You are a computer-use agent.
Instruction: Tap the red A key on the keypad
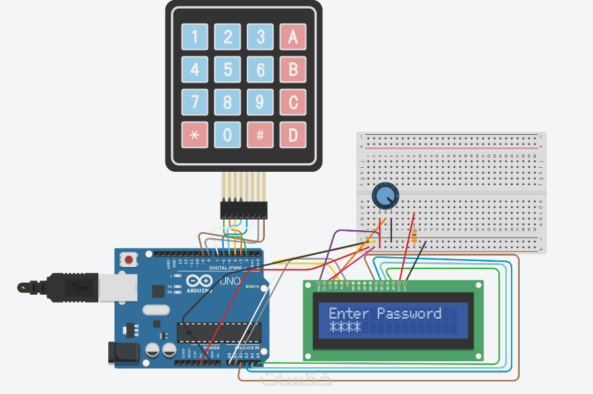[x=292, y=37]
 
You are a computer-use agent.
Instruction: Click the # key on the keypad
[x=260, y=134]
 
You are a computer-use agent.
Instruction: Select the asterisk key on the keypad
[x=194, y=134]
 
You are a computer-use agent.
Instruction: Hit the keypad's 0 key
[x=227, y=134]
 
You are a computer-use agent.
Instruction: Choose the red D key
[x=292, y=134]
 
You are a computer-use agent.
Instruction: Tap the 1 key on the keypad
[x=194, y=37]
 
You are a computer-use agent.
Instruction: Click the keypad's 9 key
[x=260, y=102]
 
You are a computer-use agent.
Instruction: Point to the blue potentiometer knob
[x=385, y=196]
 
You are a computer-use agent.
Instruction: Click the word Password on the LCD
[x=409, y=313]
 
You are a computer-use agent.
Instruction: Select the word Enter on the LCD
[x=349, y=313]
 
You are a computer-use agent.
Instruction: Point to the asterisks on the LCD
[x=344, y=327]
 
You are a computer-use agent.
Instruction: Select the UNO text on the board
[x=231, y=281]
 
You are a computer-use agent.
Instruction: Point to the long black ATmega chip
[x=219, y=332]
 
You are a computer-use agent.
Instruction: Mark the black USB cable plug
[x=71, y=288]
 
